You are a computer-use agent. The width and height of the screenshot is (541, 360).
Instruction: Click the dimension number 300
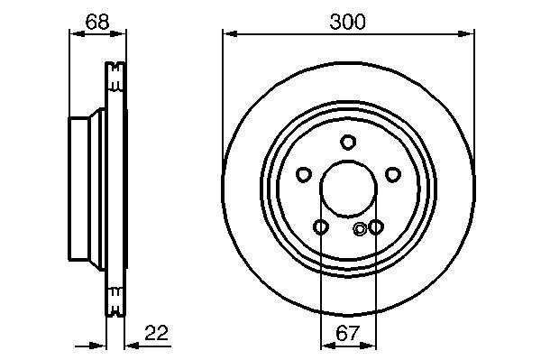click(347, 22)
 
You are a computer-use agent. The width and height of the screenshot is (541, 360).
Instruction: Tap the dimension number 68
click(97, 22)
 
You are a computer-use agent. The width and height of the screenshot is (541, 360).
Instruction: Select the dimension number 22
click(157, 333)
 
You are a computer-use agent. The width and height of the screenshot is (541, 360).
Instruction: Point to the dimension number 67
click(348, 333)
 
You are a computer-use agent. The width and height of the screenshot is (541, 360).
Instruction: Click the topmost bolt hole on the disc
click(348, 142)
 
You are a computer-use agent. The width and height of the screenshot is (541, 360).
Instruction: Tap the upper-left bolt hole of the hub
click(304, 175)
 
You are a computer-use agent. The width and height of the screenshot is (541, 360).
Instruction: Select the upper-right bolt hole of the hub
click(392, 175)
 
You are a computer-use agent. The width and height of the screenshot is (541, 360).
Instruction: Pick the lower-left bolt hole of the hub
click(320, 227)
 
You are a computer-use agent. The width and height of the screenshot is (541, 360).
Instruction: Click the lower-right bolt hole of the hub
click(375, 226)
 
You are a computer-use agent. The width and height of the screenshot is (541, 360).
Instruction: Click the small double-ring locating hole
click(360, 228)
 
